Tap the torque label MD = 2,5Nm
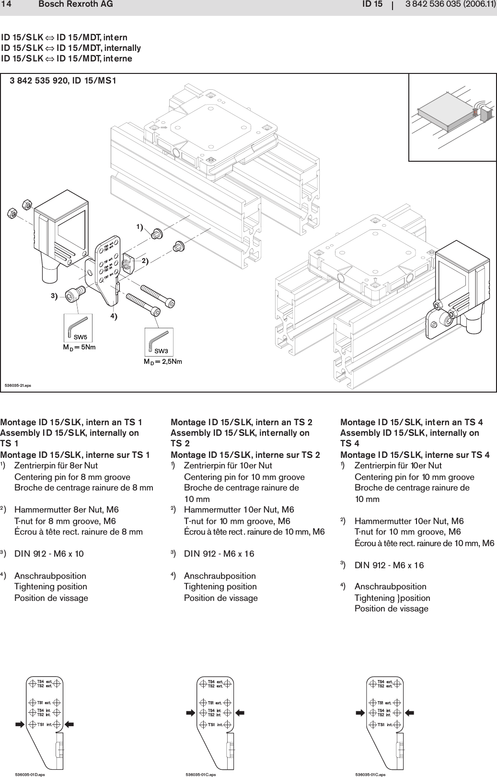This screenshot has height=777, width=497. tap(163, 361)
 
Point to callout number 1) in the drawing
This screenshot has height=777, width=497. tap(139, 226)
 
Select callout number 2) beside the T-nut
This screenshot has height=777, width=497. tap(145, 260)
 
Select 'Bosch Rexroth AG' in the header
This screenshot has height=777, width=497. tap(76, 4)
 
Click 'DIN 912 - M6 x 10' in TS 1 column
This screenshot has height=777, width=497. tap(49, 553)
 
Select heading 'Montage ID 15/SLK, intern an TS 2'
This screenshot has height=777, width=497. tap(242, 422)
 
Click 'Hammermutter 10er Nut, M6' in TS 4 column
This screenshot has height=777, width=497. tap(409, 521)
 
